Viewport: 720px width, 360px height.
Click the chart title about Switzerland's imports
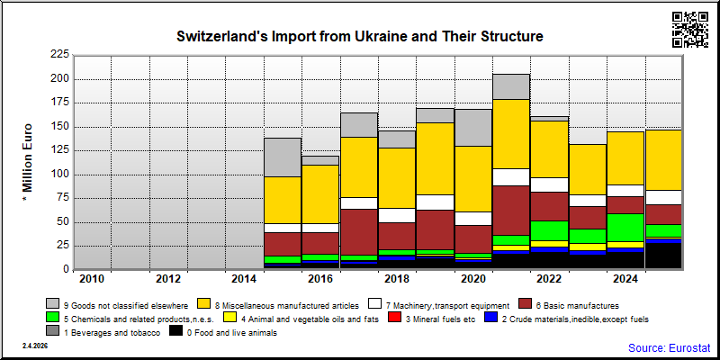tap(359, 36)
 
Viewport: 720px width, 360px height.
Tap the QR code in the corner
tap(690, 30)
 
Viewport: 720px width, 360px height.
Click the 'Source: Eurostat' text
tap(669, 347)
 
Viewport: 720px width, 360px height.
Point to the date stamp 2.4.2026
tap(35, 346)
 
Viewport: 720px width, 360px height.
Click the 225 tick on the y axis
tap(59, 55)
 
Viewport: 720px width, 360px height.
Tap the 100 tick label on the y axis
tap(59, 175)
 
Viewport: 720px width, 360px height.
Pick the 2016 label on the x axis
tap(319, 279)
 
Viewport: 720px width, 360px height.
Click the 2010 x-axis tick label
tap(92, 279)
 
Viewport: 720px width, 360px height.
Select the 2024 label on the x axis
tap(625, 279)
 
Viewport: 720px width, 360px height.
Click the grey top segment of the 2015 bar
tap(283, 157)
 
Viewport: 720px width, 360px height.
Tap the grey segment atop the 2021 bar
tap(511, 86)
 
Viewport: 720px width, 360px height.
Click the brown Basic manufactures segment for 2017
tap(358, 232)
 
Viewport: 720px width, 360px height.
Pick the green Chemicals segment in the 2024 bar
tap(625, 228)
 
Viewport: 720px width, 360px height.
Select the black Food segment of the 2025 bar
tap(663, 256)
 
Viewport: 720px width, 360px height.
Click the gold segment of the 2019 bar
tap(435, 158)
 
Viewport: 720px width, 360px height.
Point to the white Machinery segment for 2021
tap(511, 177)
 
